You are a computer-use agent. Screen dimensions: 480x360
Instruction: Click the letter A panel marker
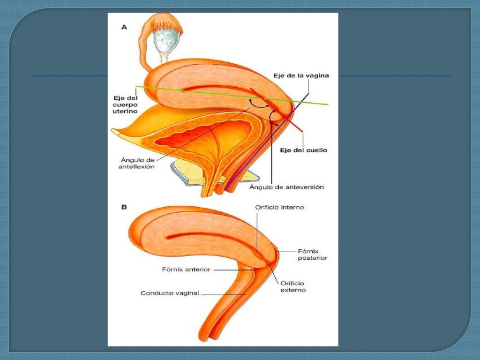(x=124, y=28)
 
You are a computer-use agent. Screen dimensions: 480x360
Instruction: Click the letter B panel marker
(x=124, y=206)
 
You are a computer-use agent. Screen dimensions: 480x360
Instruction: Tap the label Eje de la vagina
(x=301, y=76)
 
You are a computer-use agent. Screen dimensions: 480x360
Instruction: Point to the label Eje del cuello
(x=307, y=150)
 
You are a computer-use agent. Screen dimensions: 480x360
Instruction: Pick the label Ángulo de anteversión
(x=286, y=187)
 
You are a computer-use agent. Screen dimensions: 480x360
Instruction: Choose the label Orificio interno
(x=279, y=207)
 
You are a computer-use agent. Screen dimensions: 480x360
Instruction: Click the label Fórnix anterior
(x=186, y=270)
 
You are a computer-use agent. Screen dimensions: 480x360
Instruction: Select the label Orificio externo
(x=293, y=286)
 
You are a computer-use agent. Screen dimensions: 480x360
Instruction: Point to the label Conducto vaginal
(x=170, y=293)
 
